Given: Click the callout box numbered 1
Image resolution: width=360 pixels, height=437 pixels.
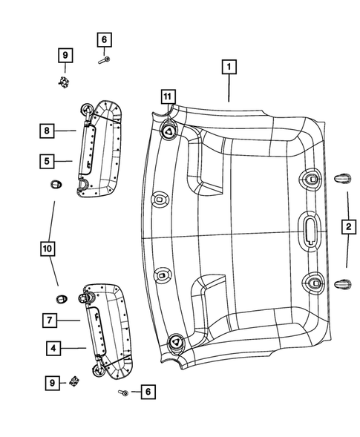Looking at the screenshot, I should tap(229, 68).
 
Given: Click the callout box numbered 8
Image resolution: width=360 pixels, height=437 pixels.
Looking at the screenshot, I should tap(47, 131).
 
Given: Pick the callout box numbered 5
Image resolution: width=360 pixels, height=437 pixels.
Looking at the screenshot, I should tap(47, 160).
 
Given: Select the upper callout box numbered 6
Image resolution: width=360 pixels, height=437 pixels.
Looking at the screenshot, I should tap(104, 39).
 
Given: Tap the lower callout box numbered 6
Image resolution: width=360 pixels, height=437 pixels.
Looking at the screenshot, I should tap(147, 390).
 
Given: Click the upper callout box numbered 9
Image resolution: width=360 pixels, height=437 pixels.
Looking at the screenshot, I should tap(65, 55).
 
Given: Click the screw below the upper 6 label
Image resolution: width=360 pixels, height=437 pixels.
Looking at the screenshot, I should tap(105, 60).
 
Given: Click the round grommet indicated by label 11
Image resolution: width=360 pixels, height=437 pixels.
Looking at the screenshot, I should tap(169, 131).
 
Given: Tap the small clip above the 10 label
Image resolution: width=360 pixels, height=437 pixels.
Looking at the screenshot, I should tap(55, 184).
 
